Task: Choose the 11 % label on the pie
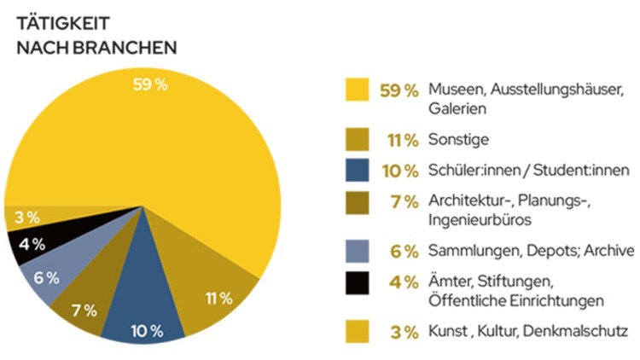(x=218, y=298)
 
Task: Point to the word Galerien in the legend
(x=457, y=109)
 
